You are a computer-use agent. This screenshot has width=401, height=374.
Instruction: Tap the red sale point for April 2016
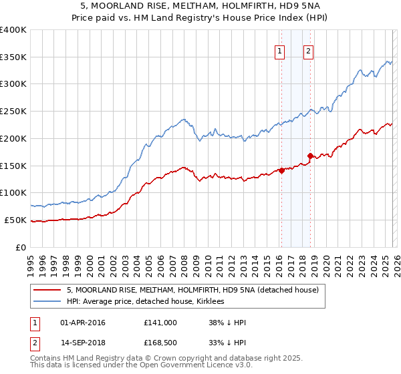pyautogui.click(x=281, y=170)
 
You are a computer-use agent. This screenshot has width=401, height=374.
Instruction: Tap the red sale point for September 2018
pyautogui.click(x=310, y=156)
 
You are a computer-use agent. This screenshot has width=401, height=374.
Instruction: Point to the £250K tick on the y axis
pyautogui.click(x=13, y=112)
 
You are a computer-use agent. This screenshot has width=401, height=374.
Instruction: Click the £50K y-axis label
pyautogui.click(x=15, y=220)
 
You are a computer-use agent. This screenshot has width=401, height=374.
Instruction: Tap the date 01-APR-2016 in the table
pyautogui.click(x=82, y=323)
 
